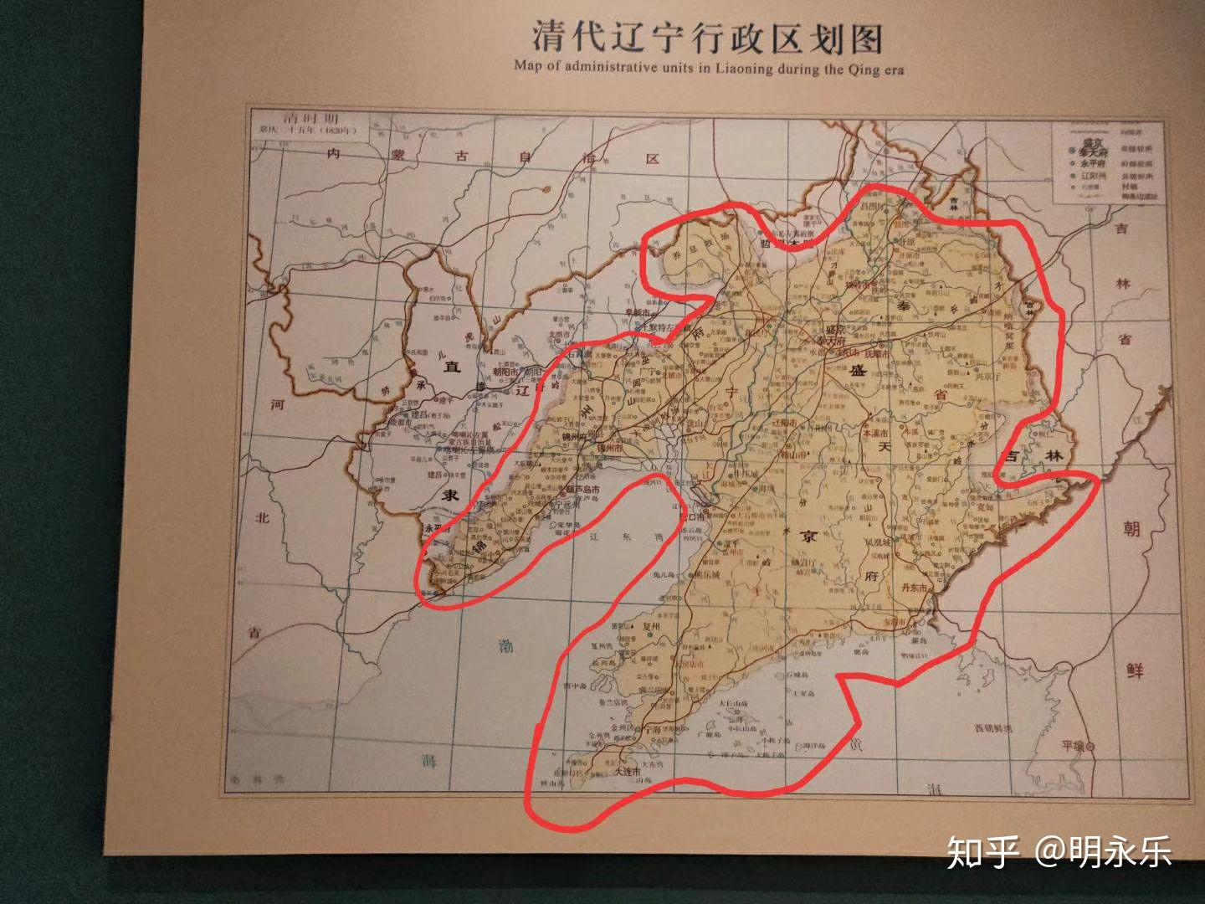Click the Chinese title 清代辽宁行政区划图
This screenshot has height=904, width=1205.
[x=708, y=38]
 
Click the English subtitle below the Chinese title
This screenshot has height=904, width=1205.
[x=709, y=68]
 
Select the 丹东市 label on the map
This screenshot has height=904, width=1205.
[x=914, y=588]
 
